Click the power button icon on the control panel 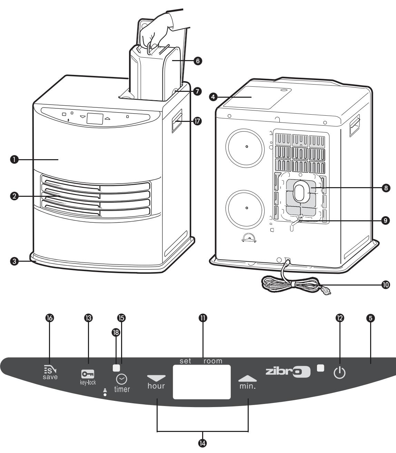(339, 373)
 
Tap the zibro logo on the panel (288, 372)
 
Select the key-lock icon (88, 374)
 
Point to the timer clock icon (121, 379)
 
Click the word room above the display (213, 361)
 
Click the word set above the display (185, 361)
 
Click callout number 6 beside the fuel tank (198, 61)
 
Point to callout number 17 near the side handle (198, 121)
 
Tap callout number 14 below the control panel (202, 443)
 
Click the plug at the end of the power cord (327, 291)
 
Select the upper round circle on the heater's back (246, 146)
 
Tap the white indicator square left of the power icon (321, 367)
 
